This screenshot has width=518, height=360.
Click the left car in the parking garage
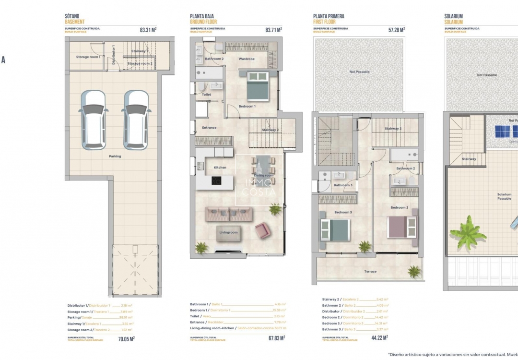click(x=93, y=120)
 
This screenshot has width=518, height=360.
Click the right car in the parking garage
click(x=136, y=120)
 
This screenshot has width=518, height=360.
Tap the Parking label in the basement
click(x=115, y=156)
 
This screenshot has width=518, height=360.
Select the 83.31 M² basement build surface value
click(x=148, y=30)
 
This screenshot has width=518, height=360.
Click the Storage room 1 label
click(x=88, y=57)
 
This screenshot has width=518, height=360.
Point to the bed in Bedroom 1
click(x=257, y=85)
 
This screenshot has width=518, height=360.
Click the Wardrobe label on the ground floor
click(x=247, y=59)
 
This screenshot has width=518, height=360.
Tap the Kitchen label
click(x=220, y=168)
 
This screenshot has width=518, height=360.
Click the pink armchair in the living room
click(x=263, y=230)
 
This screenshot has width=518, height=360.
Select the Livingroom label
click(x=229, y=232)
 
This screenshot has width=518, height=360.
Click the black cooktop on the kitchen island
click(x=217, y=181)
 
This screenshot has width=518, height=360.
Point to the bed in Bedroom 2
click(x=402, y=226)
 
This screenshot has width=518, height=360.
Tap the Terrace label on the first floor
click(x=370, y=272)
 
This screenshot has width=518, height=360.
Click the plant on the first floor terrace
click(x=414, y=272)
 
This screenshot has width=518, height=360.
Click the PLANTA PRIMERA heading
click(x=329, y=16)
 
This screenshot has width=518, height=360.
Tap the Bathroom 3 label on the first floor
click(x=342, y=185)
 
